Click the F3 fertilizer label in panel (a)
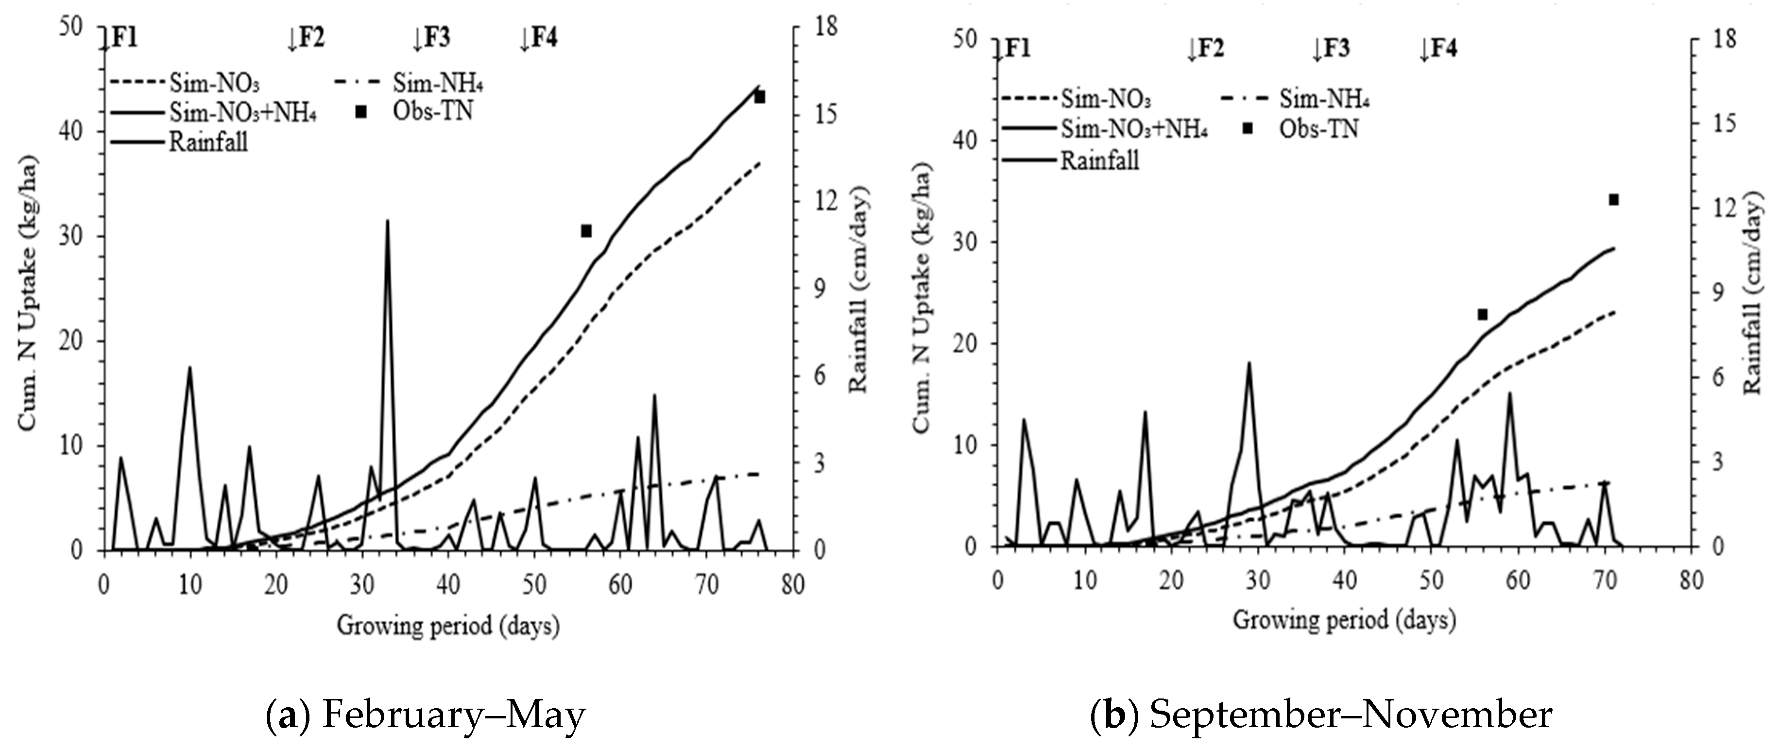click(432, 38)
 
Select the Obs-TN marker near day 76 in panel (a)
click(760, 97)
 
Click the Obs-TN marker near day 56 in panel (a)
click(586, 231)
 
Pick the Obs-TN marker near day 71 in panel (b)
click(1614, 200)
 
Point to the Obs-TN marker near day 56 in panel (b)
click(1482, 314)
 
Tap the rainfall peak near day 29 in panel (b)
click(1249, 363)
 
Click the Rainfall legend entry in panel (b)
click(1099, 161)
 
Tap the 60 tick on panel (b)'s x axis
click(1518, 580)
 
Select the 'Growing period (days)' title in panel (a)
click(448, 626)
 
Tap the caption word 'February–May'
click(453, 715)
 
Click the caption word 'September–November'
click(1350, 715)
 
